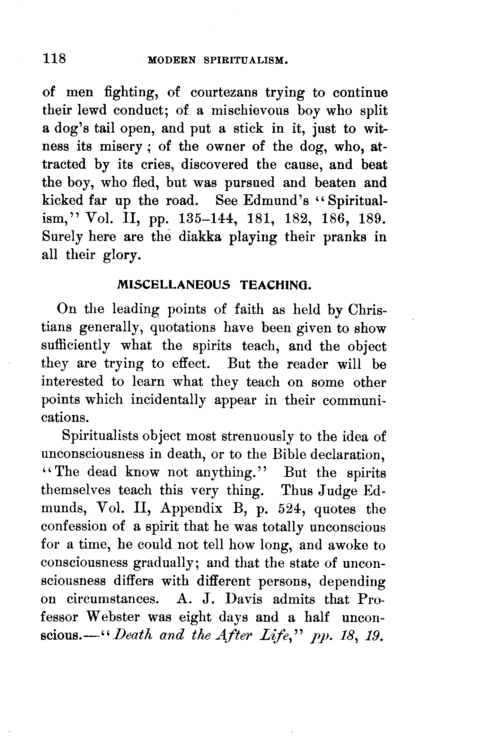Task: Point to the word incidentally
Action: pos(168,400)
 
